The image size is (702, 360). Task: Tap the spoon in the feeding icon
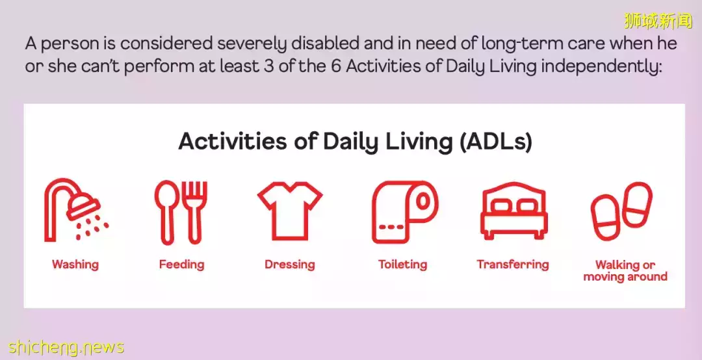click(x=166, y=212)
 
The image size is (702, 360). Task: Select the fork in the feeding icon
click(x=195, y=212)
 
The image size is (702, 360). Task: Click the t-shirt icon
click(x=290, y=211)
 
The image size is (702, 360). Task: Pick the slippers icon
click(x=621, y=211)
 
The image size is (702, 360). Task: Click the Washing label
click(x=75, y=264)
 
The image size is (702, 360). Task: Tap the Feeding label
click(x=181, y=264)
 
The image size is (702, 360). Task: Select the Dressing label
click(x=290, y=264)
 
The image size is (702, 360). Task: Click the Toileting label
click(x=402, y=264)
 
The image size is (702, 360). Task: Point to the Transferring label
click(x=513, y=264)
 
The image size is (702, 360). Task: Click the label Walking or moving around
click(x=625, y=270)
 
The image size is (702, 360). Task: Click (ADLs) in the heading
click(x=495, y=142)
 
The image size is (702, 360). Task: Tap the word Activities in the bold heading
click(x=233, y=142)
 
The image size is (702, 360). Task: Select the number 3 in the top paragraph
click(x=267, y=67)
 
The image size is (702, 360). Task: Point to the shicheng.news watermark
click(x=66, y=348)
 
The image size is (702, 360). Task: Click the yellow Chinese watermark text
click(x=658, y=21)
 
